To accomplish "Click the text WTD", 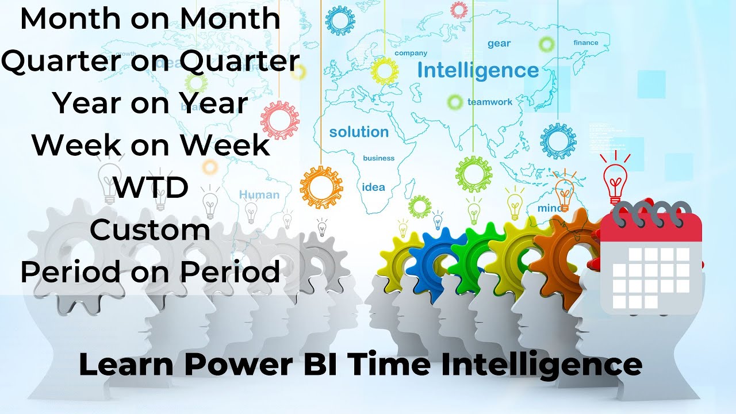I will point(151,187).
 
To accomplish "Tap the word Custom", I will point(150,230).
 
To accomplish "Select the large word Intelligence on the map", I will point(478,71).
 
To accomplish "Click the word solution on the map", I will point(359,132).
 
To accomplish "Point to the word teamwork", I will point(489,102).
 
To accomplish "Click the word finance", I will point(585,43).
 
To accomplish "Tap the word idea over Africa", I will point(373,187).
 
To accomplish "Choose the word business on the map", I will point(379,158).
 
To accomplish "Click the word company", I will point(411,53).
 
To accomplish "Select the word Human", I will point(259,195).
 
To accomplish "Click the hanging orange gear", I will point(321,187).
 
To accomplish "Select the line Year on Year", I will point(150,103).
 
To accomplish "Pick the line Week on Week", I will point(151,145).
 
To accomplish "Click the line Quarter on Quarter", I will point(150,62).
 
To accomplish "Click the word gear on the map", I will point(499,44).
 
